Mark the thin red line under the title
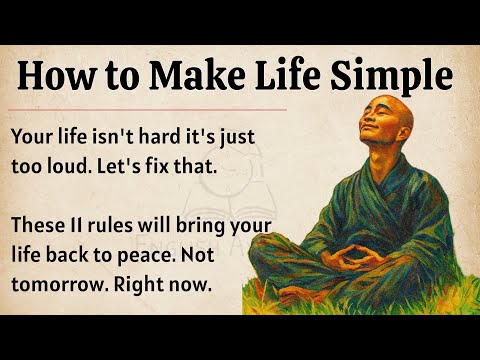(x=150, y=108)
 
